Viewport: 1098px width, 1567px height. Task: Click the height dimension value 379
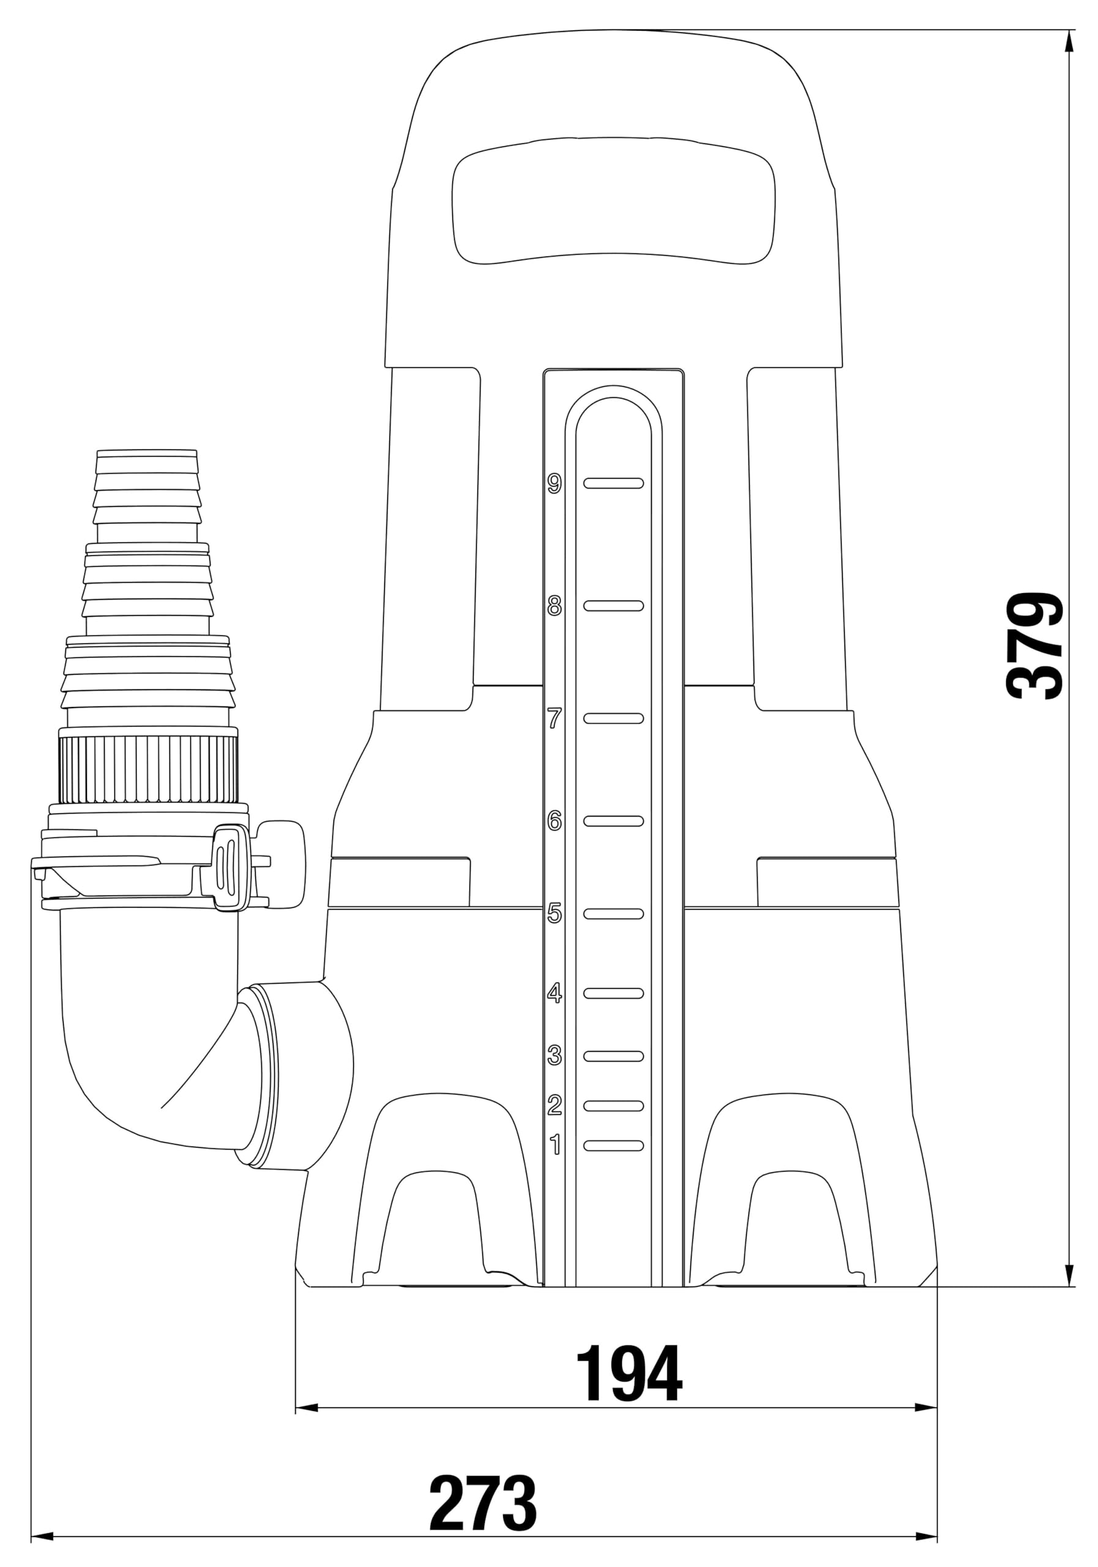pos(1034,645)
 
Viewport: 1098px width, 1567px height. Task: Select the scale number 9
pos(555,483)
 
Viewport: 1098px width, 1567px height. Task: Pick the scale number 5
pos(555,913)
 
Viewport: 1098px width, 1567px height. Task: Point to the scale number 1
pos(556,1145)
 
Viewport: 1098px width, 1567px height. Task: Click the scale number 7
pos(555,718)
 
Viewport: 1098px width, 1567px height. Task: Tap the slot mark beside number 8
pos(613,605)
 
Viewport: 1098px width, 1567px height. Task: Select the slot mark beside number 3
pos(613,1056)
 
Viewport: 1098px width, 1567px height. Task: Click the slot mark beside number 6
pos(613,820)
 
